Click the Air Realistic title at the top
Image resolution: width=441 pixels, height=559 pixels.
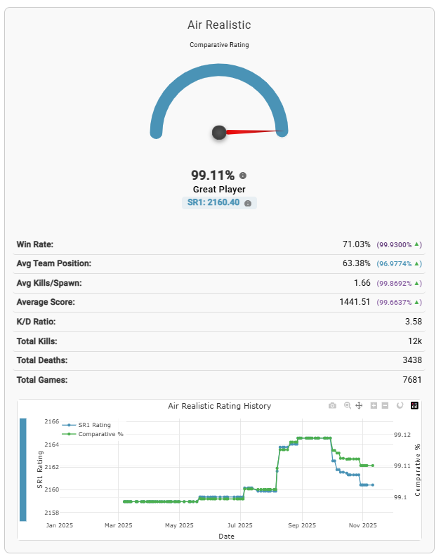coord(219,25)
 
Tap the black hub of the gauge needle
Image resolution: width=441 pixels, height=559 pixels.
coord(219,132)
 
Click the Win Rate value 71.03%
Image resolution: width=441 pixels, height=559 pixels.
coord(357,244)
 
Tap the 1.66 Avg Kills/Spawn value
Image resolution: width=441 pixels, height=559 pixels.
coord(362,283)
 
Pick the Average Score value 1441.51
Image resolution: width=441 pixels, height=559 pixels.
coord(355,302)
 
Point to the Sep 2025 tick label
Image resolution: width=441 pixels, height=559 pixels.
coord(301,525)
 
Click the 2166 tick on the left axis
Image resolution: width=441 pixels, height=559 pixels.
coord(51,422)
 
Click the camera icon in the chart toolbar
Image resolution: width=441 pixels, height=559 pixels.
coord(332,406)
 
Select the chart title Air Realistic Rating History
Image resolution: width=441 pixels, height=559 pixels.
coord(219,406)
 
